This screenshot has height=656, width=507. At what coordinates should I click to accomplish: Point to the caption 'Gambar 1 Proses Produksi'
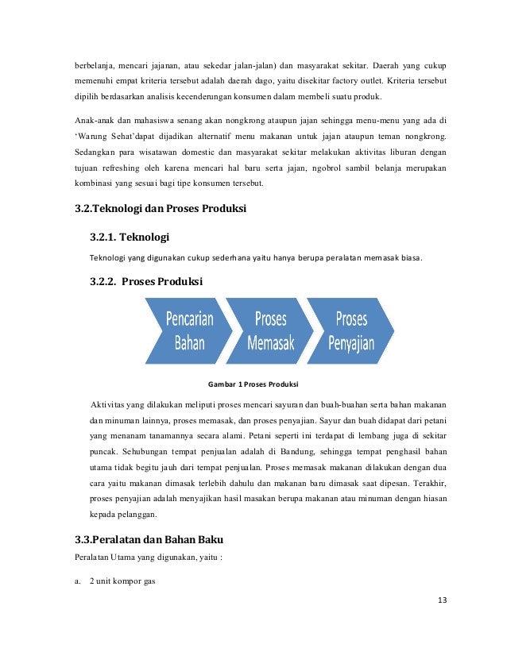click(253, 384)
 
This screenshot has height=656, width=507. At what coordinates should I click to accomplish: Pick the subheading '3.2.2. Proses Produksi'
click(146, 282)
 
